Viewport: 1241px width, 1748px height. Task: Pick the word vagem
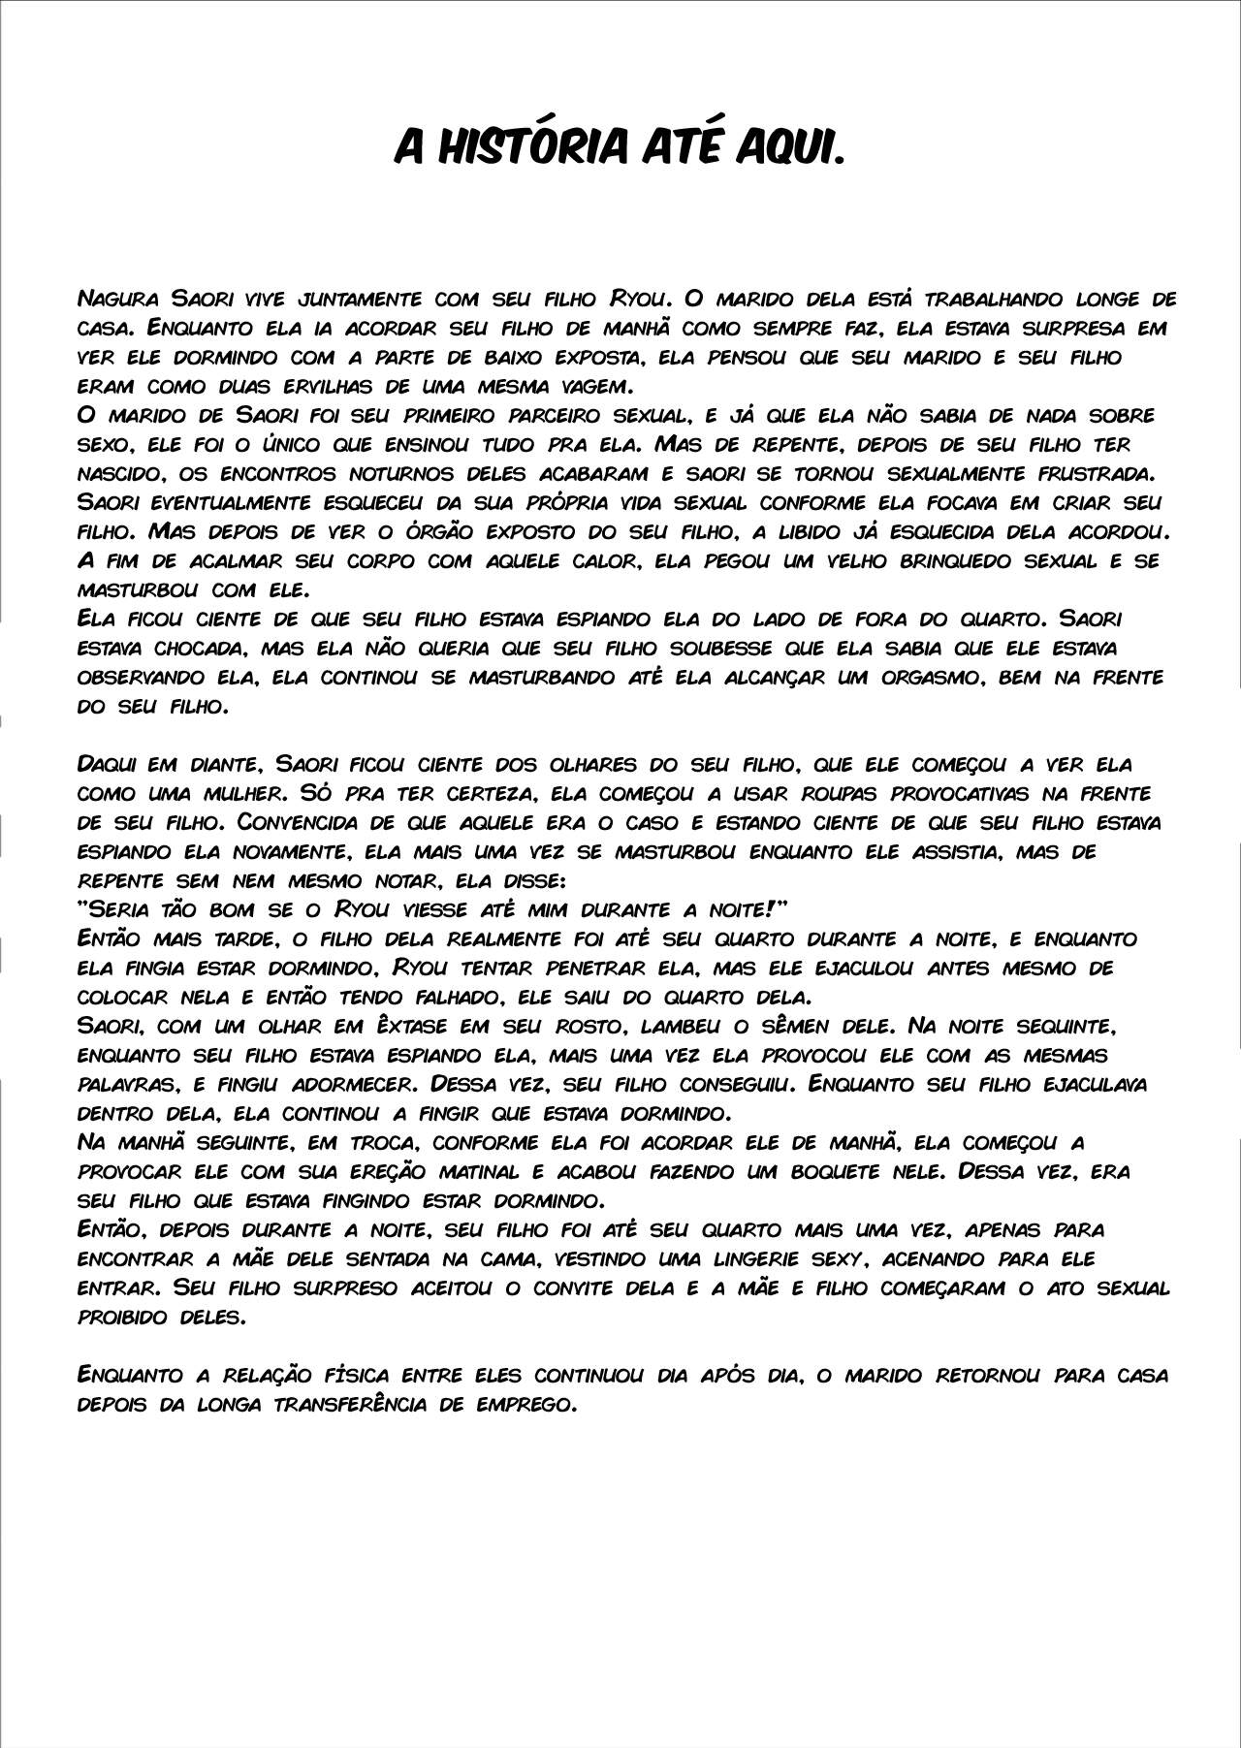pyautogui.click(x=592, y=385)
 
